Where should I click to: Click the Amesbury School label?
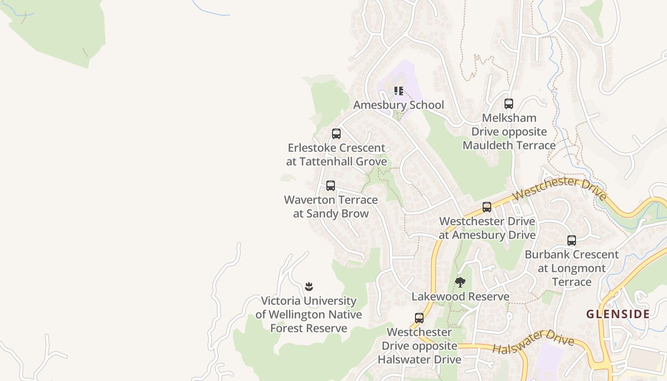pos(398,105)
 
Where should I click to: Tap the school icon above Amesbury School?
pos(398,90)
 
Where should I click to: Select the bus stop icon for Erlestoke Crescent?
pos(336,134)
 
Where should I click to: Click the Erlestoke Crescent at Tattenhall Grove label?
pos(336,155)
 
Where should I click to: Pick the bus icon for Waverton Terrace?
pos(331,186)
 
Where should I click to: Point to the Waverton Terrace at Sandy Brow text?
pos(331,207)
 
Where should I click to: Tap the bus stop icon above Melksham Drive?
pos(509,104)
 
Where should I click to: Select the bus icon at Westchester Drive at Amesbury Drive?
pos(486,207)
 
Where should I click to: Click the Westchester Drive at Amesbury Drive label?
pos(487,228)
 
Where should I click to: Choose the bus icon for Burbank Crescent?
pos(572,241)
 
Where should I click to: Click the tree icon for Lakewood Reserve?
pos(460,282)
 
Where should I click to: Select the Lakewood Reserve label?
pos(460,297)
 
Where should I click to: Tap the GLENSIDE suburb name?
pos(618,314)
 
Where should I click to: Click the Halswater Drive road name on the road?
pos(533,342)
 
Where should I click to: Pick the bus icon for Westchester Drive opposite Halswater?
pos(419,318)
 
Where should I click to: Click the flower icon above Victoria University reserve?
pos(309,286)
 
